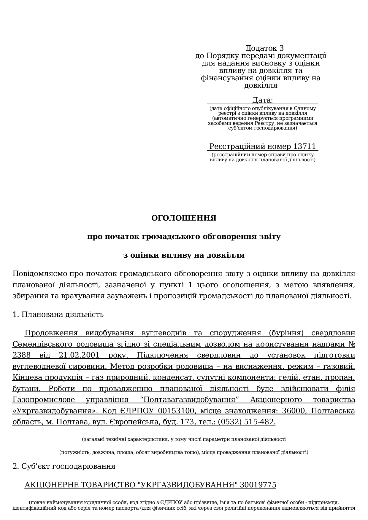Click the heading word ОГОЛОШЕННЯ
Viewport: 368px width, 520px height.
(x=184, y=218)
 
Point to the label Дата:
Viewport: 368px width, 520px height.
(x=263, y=100)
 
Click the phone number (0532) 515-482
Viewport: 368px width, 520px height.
(x=246, y=422)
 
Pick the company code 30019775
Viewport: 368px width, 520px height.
(x=258, y=485)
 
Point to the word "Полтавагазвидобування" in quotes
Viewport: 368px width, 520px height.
(x=191, y=400)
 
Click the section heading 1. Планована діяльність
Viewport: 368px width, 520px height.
(x=58, y=314)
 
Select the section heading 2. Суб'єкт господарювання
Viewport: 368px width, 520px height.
(x=64, y=466)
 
